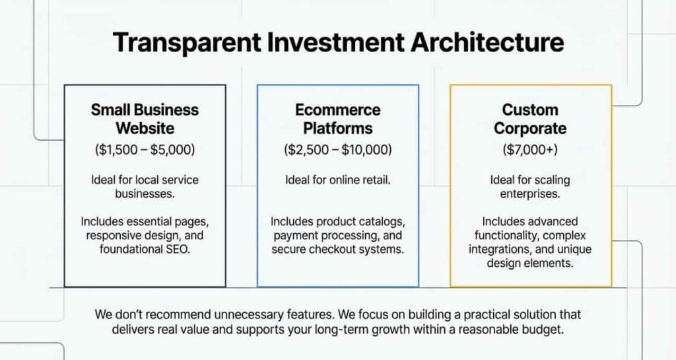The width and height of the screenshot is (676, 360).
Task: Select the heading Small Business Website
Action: coord(145,118)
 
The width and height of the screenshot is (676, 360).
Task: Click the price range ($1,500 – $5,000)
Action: coord(145,150)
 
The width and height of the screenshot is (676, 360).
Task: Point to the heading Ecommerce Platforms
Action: coord(337,118)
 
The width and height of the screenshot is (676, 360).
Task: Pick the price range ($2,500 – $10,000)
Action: coord(337,150)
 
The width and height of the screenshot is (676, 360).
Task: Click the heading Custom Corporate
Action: coord(530,118)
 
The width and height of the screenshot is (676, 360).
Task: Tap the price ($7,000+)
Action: coord(530,150)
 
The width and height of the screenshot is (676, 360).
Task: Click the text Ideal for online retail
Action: coord(337,180)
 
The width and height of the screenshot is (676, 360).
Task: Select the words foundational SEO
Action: coord(145,249)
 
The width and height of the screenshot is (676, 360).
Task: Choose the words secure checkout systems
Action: coord(337,249)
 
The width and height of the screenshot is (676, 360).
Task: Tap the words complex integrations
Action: coord(552,235)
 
